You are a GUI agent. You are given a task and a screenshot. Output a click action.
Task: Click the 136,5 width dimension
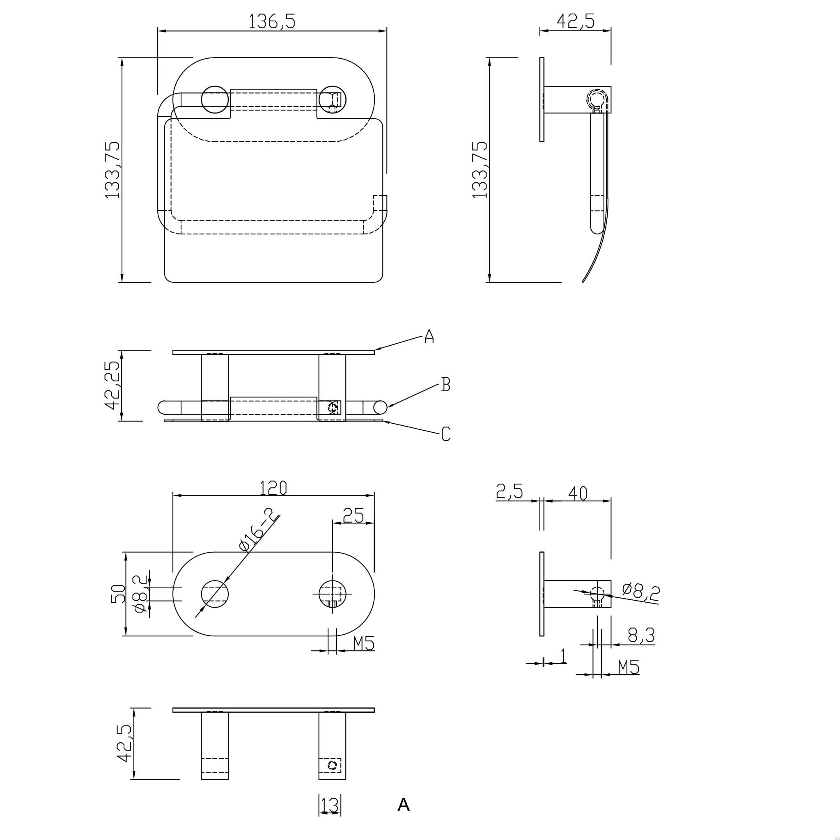pyautogui.click(x=272, y=21)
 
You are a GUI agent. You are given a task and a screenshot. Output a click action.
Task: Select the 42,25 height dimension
pyautogui.click(x=112, y=385)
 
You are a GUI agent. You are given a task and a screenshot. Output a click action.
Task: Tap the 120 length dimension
pyautogui.click(x=273, y=488)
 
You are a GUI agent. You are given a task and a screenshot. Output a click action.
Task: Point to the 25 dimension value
pyautogui.click(x=353, y=516)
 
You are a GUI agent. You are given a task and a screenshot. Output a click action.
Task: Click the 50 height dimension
pyautogui.click(x=118, y=594)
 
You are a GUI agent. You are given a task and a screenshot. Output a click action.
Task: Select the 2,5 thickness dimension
pyautogui.click(x=509, y=491)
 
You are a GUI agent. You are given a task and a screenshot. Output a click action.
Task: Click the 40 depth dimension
pyautogui.click(x=577, y=493)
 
